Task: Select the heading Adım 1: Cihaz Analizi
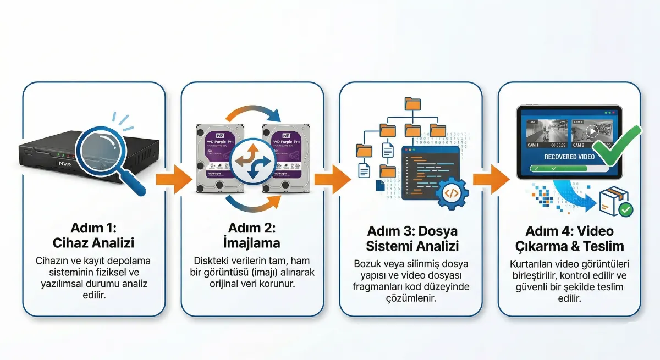(x=94, y=235)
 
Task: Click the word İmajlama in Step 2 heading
(x=252, y=242)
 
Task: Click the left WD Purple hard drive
(x=219, y=157)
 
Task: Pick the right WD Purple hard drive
(x=285, y=157)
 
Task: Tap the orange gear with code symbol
(x=451, y=192)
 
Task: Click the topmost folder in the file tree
(x=412, y=103)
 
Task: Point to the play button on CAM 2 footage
(x=591, y=131)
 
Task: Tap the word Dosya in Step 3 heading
(x=438, y=231)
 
